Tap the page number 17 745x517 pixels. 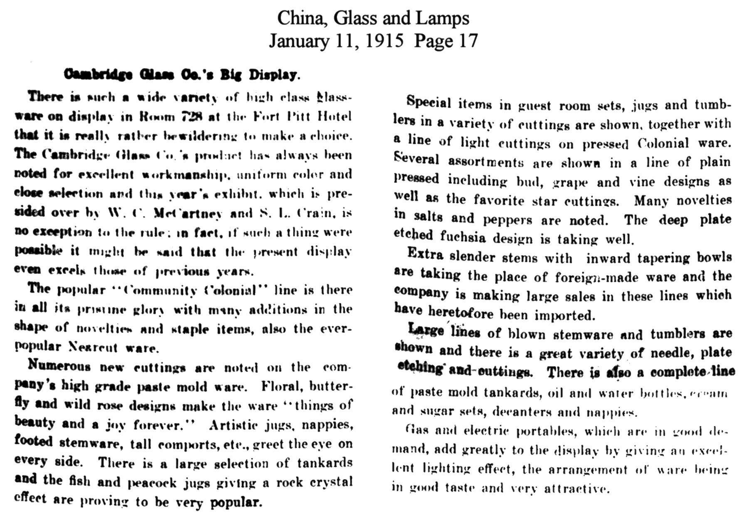(468, 41)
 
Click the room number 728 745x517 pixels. (192, 116)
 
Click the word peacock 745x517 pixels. (150, 483)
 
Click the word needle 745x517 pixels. (673, 353)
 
